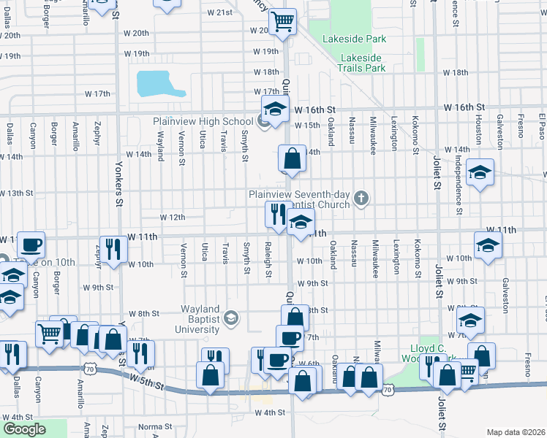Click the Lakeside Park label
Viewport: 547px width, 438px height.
click(x=360, y=39)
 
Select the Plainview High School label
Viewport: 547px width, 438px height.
click(x=203, y=121)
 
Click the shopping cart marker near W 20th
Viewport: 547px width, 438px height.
click(x=282, y=22)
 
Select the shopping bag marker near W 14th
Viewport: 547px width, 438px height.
click(x=292, y=158)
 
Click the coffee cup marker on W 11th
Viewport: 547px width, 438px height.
click(x=31, y=246)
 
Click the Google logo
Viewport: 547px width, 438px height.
click(x=23, y=429)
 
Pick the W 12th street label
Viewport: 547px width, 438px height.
click(x=173, y=218)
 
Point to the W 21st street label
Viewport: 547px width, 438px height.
click(x=219, y=12)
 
